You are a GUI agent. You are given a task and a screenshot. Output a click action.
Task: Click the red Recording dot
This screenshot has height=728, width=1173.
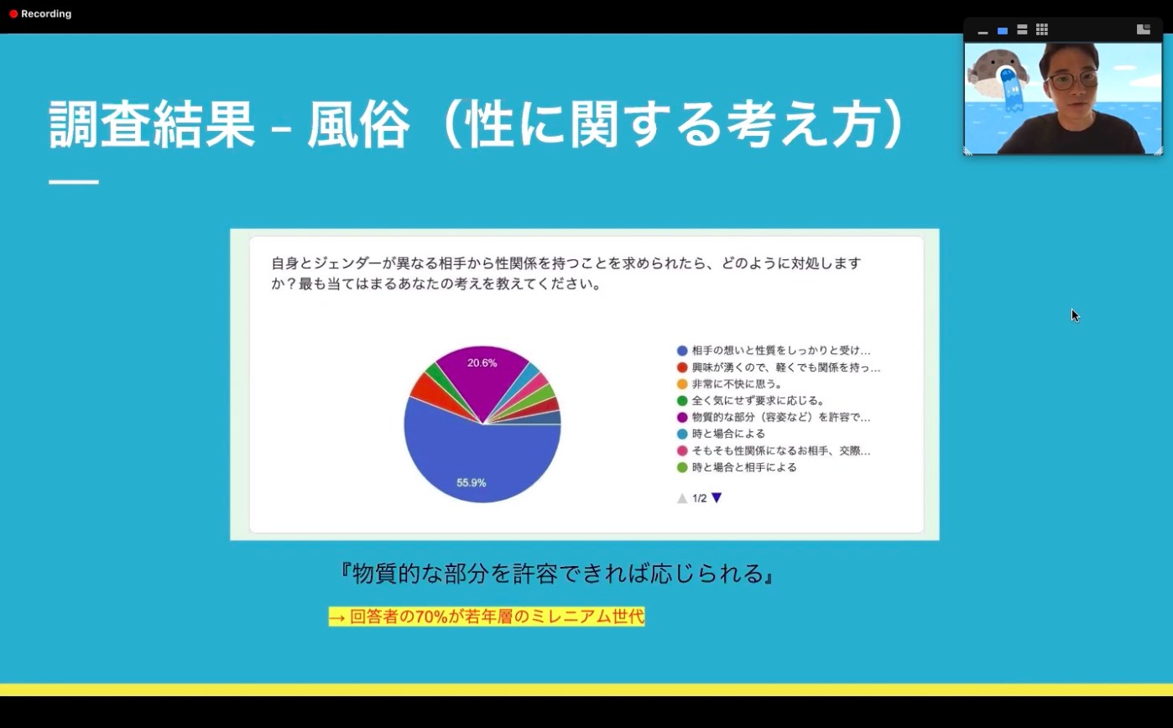(13, 14)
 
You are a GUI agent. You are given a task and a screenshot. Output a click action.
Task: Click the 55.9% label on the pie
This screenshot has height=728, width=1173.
(472, 482)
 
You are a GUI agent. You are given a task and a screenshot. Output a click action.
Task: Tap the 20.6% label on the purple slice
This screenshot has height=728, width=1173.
(482, 362)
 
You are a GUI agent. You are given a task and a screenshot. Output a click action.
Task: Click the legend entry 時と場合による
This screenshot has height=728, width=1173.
(728, 434)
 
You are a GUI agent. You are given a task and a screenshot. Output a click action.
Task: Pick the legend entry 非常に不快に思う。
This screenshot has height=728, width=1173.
(738, 384)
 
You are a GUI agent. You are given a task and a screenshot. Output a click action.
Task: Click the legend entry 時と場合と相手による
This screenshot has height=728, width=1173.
(744, 467)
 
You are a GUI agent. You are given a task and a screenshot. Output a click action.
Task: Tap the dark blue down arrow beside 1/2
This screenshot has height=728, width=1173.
(717, 497)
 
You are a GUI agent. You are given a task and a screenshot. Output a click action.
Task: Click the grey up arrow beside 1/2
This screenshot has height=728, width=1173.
(682, 498)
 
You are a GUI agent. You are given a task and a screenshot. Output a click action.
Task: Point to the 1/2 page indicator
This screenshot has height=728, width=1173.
(700, 498)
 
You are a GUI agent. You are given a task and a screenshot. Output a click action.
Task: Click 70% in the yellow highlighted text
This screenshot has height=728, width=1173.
(431, 616)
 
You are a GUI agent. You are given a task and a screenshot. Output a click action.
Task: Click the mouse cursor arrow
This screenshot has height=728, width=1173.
(1075, 315)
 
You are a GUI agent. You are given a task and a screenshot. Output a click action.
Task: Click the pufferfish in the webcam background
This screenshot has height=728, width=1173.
(998, 70)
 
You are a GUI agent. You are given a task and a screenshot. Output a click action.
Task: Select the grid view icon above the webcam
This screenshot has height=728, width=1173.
(1042, 30)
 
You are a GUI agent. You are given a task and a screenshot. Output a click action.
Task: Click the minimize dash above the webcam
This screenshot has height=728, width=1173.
(983, 33)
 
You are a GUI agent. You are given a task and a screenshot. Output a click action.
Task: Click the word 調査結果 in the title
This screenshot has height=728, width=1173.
(151, 125)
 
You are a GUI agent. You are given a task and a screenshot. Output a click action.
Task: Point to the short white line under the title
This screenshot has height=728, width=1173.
(74, 182)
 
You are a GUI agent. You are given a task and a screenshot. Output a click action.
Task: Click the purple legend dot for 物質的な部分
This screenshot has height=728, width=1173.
(682, 418)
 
